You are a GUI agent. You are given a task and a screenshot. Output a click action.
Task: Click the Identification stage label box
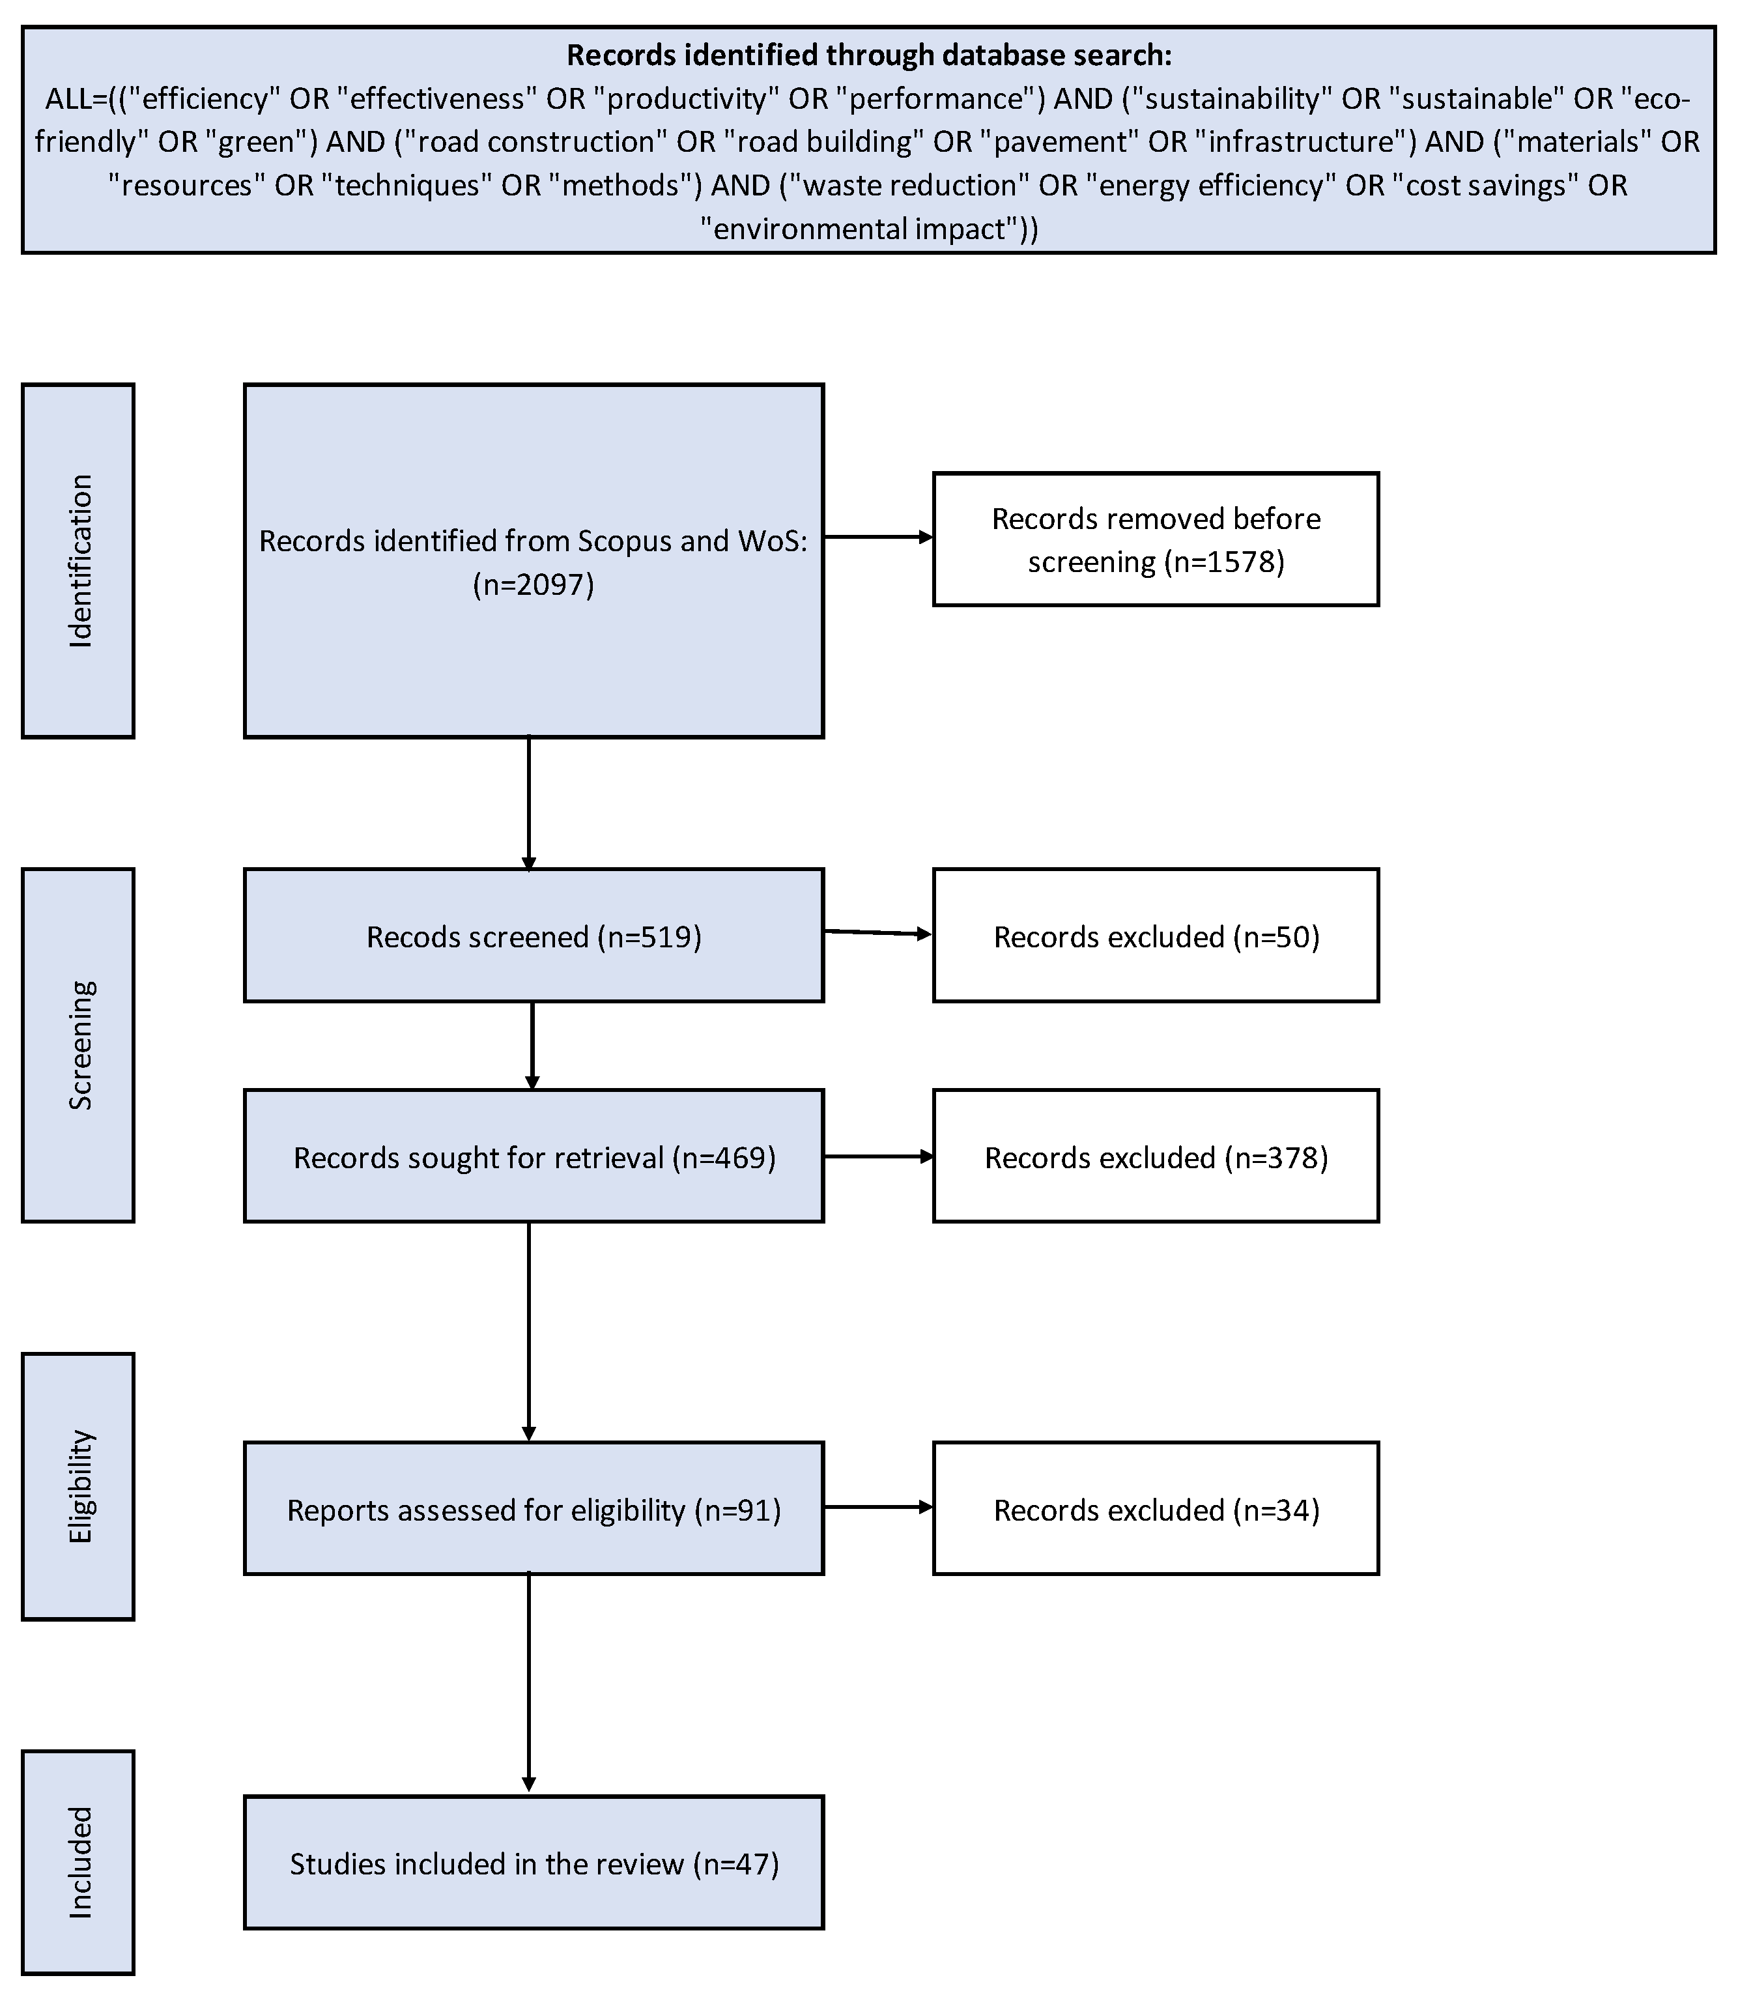point(78,561)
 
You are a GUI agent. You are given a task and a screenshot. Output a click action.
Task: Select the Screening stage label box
point(78,1045)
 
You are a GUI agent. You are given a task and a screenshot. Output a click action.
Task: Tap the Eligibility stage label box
point(78,1486)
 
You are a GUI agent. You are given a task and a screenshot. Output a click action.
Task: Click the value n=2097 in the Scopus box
point(534,585)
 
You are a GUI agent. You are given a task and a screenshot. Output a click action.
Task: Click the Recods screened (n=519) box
point(534,936)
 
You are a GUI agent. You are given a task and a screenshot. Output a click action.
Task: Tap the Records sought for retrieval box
point(534,1156)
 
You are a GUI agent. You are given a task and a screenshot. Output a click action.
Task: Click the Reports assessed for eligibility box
point(534,1510)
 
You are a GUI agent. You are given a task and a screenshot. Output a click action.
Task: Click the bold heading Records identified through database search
point(869,55)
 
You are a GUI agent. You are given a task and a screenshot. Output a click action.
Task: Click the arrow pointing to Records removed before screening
point(877,538)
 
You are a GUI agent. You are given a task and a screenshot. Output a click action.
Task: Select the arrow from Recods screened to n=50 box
point(877,933)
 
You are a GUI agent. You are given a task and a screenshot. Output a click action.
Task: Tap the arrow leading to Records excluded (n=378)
point(877,1156)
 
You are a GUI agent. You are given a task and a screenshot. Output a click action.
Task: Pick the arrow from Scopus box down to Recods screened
point(528,803)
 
